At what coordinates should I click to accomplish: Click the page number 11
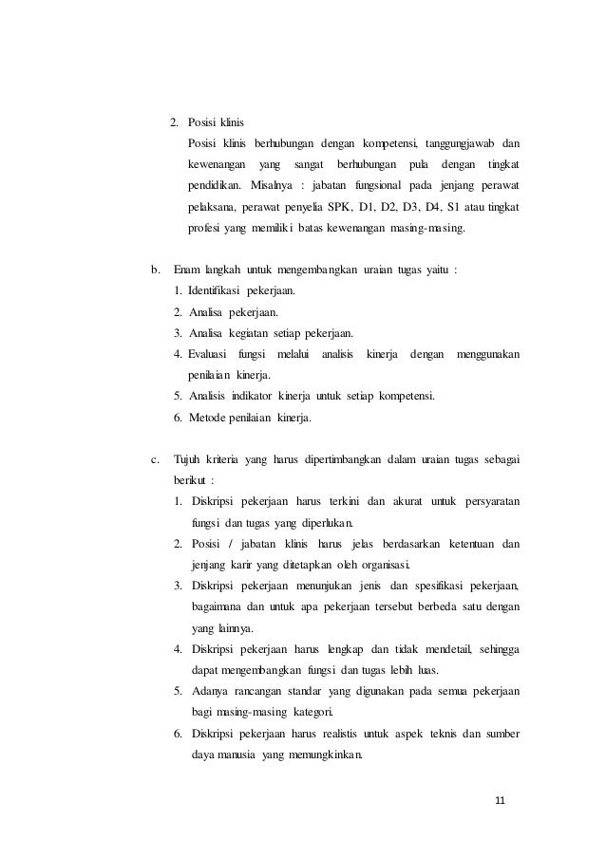tap(500, 801)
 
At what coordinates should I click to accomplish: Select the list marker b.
tap(156, 270)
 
